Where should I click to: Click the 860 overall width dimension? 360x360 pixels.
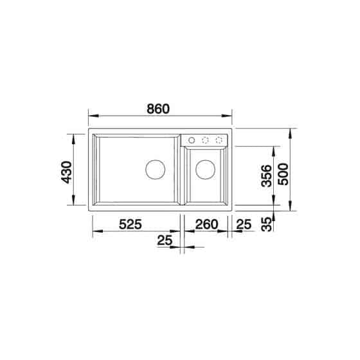pyautogui.click(x=158, y=109)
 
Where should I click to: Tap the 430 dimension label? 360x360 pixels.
pyautogui.click(x=67, y=172)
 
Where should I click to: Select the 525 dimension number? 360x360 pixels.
pyautogui.click(x=130, y=224)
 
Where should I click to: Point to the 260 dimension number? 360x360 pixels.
pyautogui.click(x=206, y=224)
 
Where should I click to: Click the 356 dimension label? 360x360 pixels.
pyautogui.click(x=267, y=175)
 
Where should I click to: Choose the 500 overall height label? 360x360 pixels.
pyautogui.click(x=283, y=174)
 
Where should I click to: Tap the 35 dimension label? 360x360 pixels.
pyautogui.click(x=267, y=224)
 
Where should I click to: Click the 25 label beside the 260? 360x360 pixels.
pyautogui.click(x=244, y=224)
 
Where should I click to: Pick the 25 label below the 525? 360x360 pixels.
pyautogui.click(x=165, y=240)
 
